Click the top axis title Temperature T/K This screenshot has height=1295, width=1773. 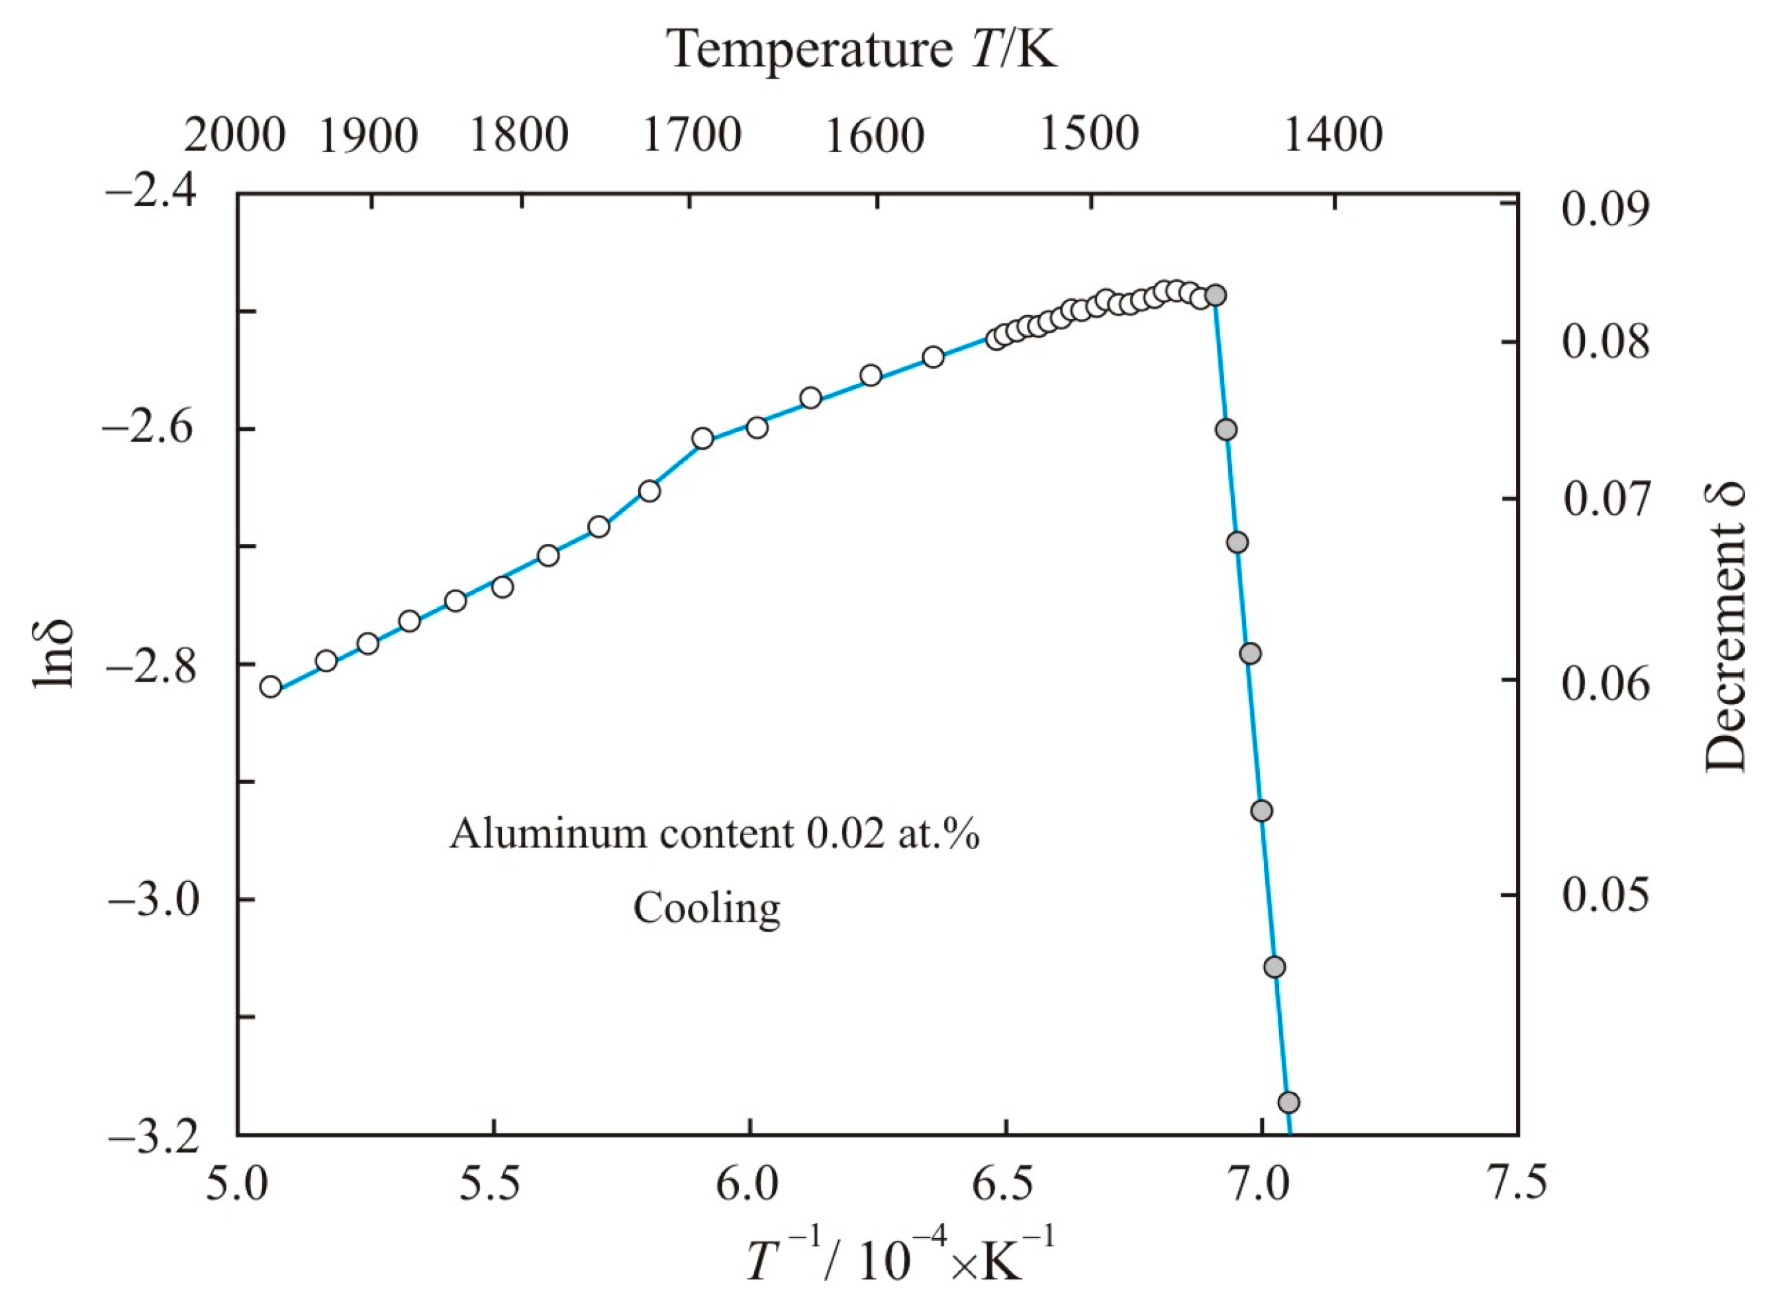click(x=863, y=52)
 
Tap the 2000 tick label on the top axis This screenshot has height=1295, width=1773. click(x=234, y=136)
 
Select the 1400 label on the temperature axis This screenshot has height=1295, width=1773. click(x=1334, y=136)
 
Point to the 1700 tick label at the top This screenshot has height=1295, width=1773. click(x=692, y=136)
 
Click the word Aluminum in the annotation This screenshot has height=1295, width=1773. click(x=548, y=836)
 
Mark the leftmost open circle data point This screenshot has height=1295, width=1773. click(x=271, y=687)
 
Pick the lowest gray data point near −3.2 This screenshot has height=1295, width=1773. click(x=1288, y=1103)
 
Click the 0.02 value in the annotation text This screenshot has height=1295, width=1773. click(x=841, y=836)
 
